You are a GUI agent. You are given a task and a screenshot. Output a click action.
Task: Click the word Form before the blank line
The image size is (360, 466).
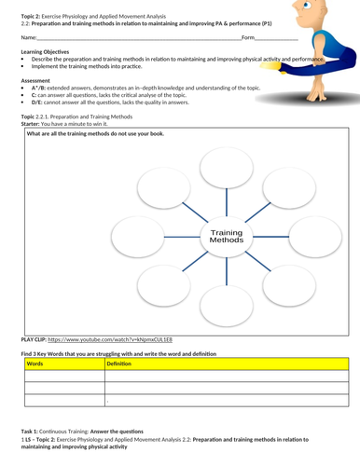click(247, 37)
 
